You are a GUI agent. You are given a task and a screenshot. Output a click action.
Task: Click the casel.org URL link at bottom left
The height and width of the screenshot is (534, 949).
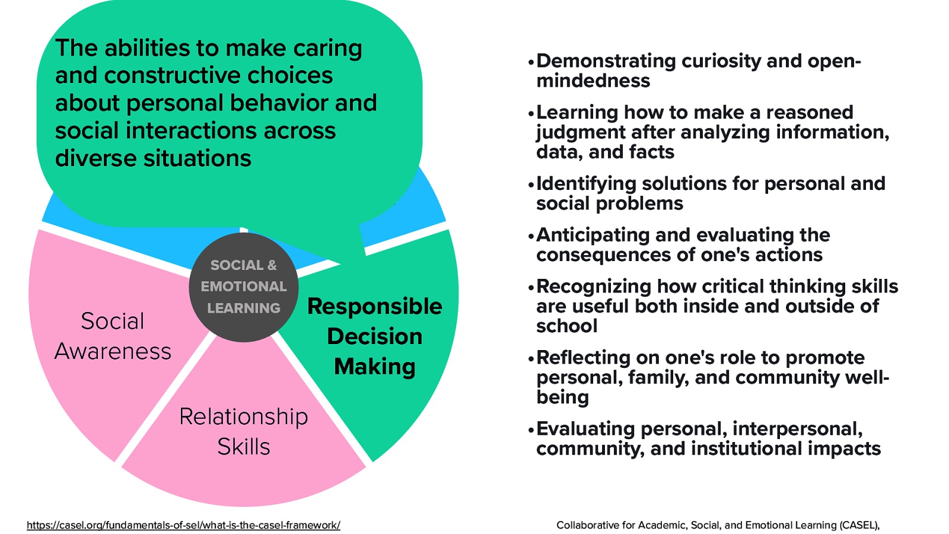pyautogui.click(x=183, y=525)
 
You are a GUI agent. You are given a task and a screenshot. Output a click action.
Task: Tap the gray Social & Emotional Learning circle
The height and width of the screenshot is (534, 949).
pyautogui.click(x=243, y=288)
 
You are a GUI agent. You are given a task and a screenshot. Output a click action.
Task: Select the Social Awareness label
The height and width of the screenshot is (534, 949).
pyautogui.click(x=113, y=336)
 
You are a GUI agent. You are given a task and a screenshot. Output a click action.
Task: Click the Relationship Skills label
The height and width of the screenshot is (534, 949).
pyautogui.click(x=243, y=431)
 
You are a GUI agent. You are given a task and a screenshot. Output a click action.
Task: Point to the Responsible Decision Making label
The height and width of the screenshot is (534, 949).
pyautogui.click(x=374, y=336)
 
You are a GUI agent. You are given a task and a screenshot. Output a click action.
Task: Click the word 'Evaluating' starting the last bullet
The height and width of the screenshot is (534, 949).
pyautogui.click(x=585, y=429)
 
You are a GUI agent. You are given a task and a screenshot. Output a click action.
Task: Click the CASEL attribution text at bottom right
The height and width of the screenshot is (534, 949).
pyautogui.click(x=717, y=525)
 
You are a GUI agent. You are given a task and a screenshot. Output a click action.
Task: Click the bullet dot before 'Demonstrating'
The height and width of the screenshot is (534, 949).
pyautogui.click(x=531, y=62)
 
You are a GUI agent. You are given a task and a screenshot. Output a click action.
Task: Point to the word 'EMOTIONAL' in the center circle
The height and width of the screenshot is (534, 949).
pyautogui.click(x=243, y=287)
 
